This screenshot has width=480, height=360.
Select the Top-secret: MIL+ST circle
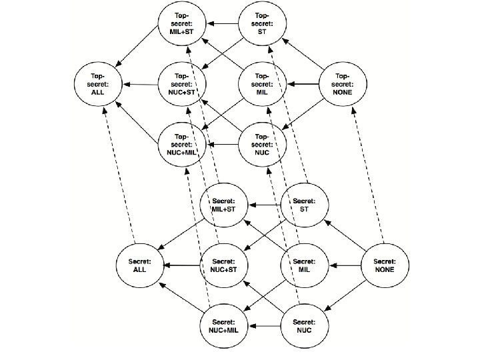pos(183,26)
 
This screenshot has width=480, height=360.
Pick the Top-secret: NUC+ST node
pos(183,85)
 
